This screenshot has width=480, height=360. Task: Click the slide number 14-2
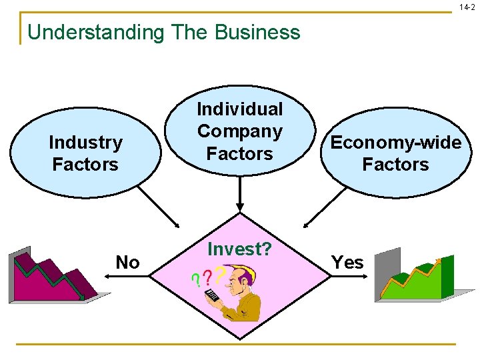467,7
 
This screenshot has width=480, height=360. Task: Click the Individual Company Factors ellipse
240,132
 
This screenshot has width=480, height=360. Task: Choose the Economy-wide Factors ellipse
395,153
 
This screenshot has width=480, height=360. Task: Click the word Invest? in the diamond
240,249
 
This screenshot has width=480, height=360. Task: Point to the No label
127,263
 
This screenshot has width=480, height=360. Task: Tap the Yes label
347,263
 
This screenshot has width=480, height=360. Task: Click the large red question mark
221,273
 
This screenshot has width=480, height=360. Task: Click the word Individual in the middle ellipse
240,109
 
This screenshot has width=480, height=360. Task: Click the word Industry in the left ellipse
85,142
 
